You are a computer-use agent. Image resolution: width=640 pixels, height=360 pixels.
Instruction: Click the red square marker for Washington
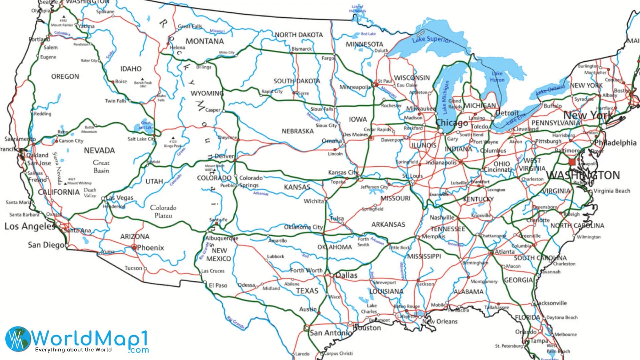(572, 162)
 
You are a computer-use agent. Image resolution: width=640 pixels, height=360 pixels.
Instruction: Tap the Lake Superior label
(431, 39)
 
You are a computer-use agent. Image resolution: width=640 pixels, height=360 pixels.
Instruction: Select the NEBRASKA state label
(297, 131)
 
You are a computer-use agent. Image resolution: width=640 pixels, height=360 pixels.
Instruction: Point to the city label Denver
(224, 156)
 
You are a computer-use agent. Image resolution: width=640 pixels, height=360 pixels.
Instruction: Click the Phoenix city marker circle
(134, 247)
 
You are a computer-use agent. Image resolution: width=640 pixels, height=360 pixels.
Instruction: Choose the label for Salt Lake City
(141, 139)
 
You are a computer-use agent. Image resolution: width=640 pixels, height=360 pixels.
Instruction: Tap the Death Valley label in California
(90, 193)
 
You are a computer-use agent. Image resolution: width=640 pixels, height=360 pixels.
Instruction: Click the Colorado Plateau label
(163, 211)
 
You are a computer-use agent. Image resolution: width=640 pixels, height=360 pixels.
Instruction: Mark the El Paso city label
(218, 285)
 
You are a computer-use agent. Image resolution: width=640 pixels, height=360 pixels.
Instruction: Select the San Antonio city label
(330, 333)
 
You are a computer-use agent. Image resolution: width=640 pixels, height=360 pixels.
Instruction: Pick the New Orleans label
(440, 321)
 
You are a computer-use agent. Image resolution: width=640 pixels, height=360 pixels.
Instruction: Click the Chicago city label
(452, 123)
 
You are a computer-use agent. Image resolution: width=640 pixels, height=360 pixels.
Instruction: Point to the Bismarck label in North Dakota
(302, 49)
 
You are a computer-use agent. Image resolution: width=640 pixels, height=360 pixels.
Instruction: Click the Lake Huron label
(497, 77)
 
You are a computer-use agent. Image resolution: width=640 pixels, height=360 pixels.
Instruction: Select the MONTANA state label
(205, 41)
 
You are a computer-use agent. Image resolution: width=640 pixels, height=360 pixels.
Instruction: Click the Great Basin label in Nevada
(101, 167)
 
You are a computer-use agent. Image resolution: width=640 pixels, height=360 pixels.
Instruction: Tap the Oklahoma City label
(303, 227)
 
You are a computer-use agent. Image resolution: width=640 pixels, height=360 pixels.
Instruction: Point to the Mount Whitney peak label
(79, 183)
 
